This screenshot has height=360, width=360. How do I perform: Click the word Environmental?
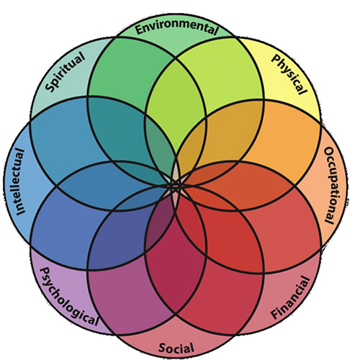pyautogui.click(x=176, y=28)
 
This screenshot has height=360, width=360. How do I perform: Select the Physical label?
pyautogui.click(x=289, y=74)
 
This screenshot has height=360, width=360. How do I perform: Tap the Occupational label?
pyautogui.click(x=332, y=186)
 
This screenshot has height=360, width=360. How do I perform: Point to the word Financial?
pyautogui.click(x=289, y=298)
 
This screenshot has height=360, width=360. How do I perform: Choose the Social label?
pyautogui.click(x=176, y=348)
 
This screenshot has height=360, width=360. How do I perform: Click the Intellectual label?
pyautogui.click(x=20, y=181)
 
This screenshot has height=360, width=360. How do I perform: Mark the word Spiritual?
pyautogui.click(x=66, y=73)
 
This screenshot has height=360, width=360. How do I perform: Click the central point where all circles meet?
pyautogui.click(x=176, y=186)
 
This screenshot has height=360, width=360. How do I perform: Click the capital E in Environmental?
pyautogui.click(x=139, y=29)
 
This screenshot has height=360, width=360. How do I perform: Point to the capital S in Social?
pyautogui.click(x=162, y=347)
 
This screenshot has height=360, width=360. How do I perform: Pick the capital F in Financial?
pyautogui.click(x=275, y=315)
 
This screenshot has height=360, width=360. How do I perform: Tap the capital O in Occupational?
pyautogui.click(x=329, y=151)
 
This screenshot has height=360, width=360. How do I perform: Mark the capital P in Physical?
pyautogui.click(x=276, y=59)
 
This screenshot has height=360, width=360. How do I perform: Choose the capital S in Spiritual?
pyautogui.click(x=50, y=87)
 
